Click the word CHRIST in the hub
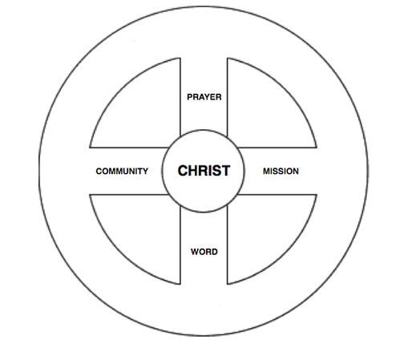204,171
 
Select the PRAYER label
204,97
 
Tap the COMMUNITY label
122,171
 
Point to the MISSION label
281,171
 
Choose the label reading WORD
204,252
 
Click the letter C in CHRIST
183,171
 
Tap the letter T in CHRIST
225,171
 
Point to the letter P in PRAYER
189,97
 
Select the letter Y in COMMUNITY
145,171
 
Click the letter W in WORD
194,252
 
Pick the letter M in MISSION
267,171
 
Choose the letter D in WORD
215,252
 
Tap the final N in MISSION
296,171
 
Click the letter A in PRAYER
201,97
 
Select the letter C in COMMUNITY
99,171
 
